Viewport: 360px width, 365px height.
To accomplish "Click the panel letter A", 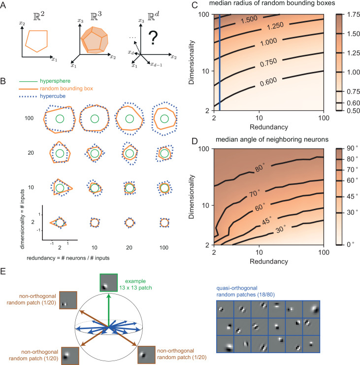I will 4,6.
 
